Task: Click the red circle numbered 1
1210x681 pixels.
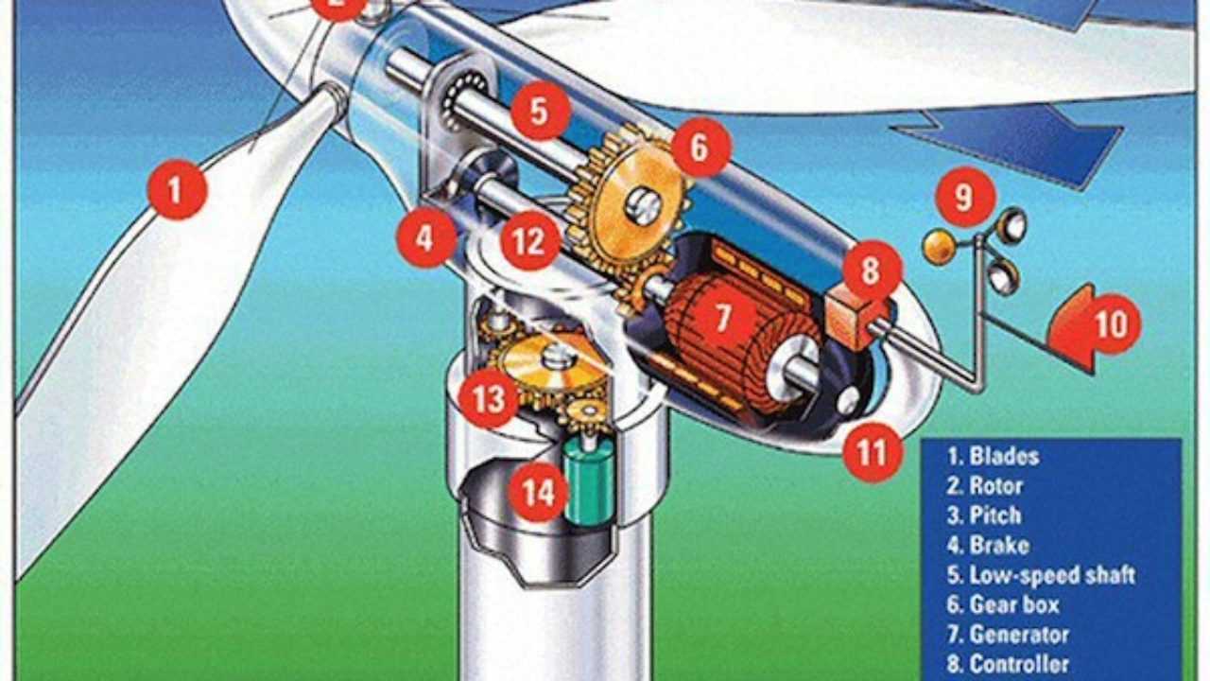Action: tap(178, 190)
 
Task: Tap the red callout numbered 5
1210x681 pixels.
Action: tap(541, 111)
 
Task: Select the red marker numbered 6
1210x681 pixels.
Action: tap(701, 147)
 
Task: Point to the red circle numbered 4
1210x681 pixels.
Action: tap(426, 237)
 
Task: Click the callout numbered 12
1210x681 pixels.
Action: tap(530, 241)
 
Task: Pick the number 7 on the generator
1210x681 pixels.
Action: tap(723, 317)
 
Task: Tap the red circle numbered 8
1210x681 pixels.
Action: tap(872, 271)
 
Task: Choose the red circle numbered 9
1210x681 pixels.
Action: tap(965, 197)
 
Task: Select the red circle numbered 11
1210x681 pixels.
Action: tap(872, 452)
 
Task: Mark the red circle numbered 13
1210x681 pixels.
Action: tap(489, 399)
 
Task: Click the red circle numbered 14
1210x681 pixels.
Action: tap(539, 492)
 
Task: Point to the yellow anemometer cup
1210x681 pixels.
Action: tap(940, 247)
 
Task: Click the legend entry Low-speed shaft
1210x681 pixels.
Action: tap(1042, 575)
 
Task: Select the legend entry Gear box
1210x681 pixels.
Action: tap(1003, 604)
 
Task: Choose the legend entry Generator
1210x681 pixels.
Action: tap(1008, 634)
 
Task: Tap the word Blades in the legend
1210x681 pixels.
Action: tap(1005, 456)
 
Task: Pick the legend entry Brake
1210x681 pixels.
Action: tap(988, 546)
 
